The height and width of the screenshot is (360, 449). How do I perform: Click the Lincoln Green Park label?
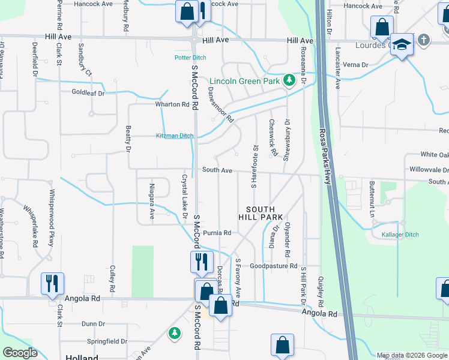coord(246,80)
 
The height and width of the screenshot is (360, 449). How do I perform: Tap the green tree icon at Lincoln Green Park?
coord(289,80)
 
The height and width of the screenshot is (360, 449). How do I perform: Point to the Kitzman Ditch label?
coord(175,136)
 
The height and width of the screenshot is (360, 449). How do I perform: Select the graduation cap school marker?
coord(402,46)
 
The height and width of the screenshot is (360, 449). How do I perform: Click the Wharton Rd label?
coord(172,104)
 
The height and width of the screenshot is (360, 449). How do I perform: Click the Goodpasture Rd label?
coord(274,266)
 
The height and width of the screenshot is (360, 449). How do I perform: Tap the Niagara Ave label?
coord(152,200)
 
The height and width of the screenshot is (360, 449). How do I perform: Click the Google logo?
coord(20,353)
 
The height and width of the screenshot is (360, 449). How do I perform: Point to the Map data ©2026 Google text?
coord(411,355)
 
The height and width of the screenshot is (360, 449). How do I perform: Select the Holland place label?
coord(82,357)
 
